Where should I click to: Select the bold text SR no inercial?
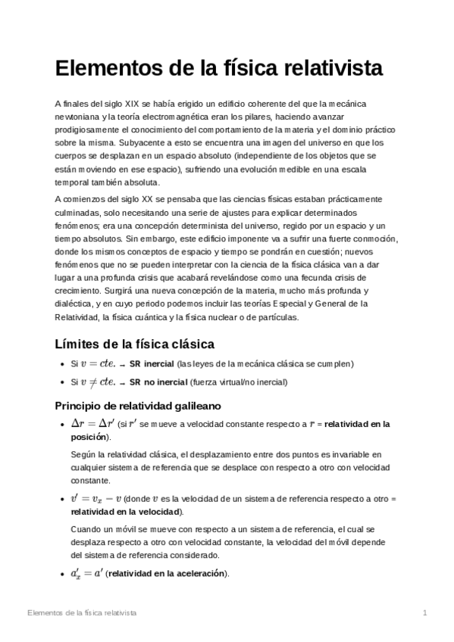(159, 382)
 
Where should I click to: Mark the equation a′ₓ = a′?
(86, 574)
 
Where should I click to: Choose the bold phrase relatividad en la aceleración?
(168, 575)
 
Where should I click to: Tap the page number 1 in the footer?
(425, 612)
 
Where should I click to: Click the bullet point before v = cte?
(61, 364)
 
